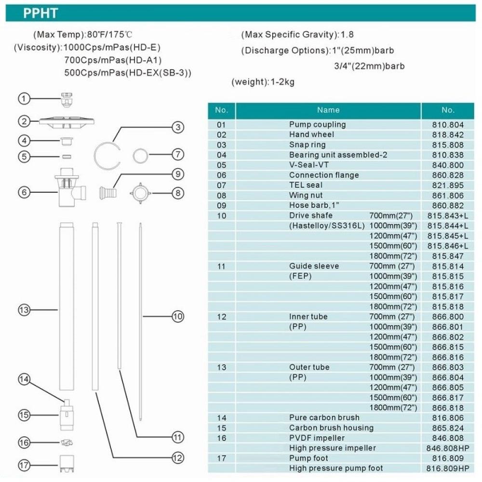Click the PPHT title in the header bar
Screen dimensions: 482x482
point(40,13)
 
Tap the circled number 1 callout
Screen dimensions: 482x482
point(24,98)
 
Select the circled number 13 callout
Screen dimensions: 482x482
point(24,310)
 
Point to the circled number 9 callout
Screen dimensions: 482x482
point(178,174)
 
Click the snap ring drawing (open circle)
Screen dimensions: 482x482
point(107,155)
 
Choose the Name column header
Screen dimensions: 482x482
point(328,110)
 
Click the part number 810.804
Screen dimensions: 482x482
point(448,124)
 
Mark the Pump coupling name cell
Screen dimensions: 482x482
point(317,124)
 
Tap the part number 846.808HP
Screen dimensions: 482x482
point(448,448)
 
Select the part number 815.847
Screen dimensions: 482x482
point(448,256)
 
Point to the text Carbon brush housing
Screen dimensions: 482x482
point(331,428)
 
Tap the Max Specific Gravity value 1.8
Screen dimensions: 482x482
point(347,35)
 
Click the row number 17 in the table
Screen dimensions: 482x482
point(221,458)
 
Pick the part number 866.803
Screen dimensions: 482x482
point(448,367)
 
